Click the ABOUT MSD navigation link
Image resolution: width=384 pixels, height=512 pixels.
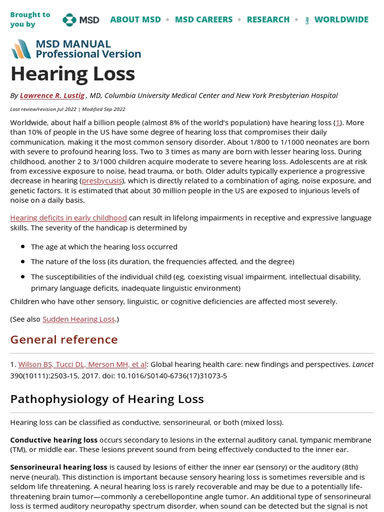point(135,19)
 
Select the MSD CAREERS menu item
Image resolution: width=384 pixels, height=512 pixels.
point(203,19)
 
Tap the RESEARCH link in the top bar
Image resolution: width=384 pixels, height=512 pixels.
point(268,19)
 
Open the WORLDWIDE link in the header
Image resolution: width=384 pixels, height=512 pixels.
point(341,19)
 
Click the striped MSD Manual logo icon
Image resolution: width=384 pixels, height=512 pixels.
point(21,48)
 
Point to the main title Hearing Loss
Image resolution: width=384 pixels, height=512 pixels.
point(73,74)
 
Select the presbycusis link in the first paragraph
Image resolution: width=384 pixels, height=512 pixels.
point(101,180)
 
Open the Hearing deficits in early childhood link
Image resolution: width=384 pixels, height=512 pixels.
point(68,217)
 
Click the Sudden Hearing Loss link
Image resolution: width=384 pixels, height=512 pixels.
point(78,319)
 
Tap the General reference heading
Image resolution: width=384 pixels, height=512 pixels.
point(64,339)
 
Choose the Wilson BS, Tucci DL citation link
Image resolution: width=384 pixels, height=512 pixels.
point(82,364)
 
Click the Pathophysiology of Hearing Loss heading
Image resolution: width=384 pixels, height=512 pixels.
point(107,398)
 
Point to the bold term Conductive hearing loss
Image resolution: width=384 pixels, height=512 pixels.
point(53,440)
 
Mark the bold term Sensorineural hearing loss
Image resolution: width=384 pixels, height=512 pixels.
point(58,467)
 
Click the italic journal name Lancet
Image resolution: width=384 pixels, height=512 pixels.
point(362,364)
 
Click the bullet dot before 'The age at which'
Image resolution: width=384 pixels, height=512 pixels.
point(23,247)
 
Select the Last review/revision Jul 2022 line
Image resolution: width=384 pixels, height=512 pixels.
point(67,109)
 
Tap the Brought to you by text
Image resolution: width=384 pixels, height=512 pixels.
point(30,19)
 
